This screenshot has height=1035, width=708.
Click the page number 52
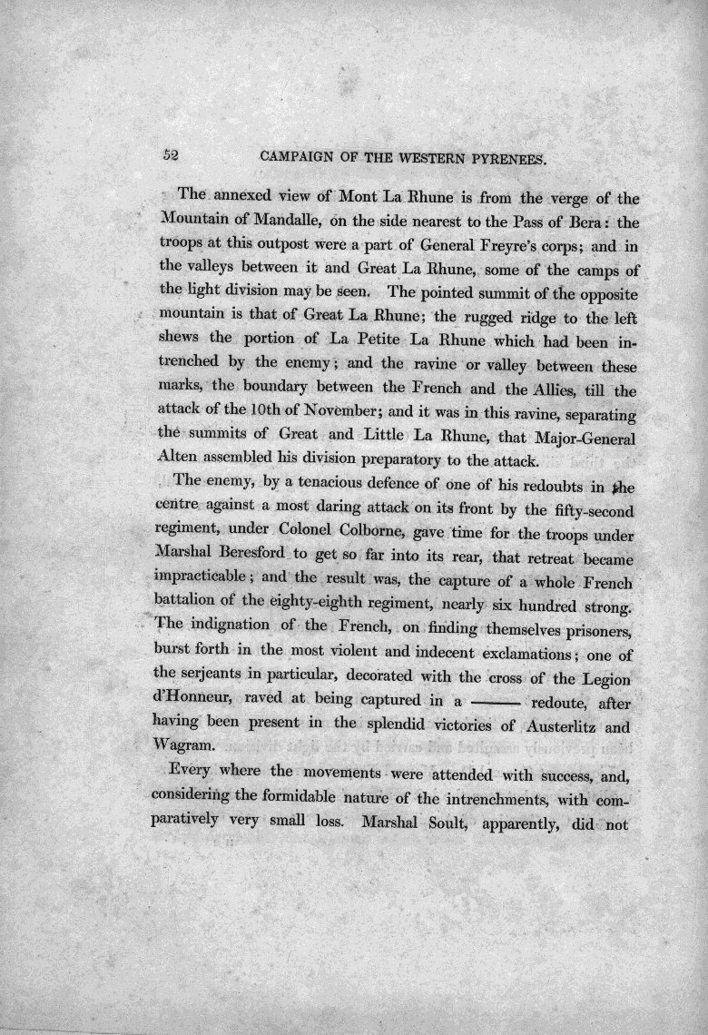pyautogui.click(x=170, y=155)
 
